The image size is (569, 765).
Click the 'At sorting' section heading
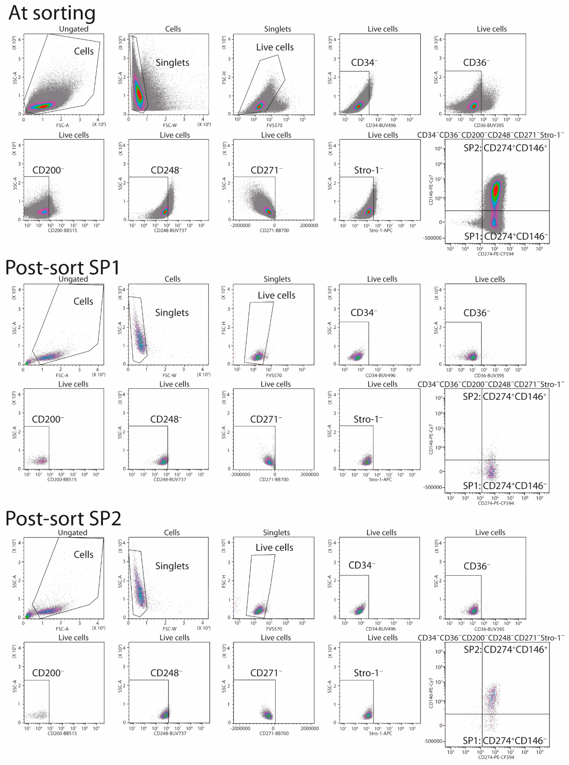[x=52, y=13]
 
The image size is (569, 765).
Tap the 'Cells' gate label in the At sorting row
[x=84, y=51]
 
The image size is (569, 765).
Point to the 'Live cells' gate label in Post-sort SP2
[x=274, y=548]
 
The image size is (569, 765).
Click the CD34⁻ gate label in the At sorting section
[x=364, y=63]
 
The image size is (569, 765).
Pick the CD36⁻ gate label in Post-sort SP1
[x=476, y=313]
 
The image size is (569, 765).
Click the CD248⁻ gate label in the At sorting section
[x=166, y=170]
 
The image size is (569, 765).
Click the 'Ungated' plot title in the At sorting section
[x=74, y=29]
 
